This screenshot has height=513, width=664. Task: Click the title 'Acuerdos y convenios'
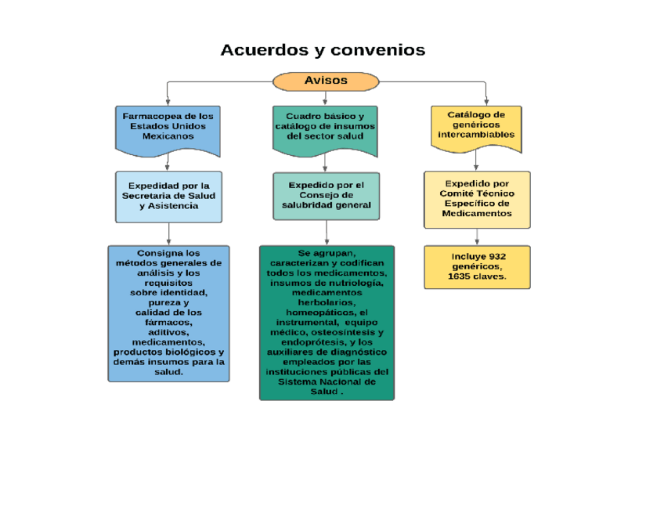(323, 50)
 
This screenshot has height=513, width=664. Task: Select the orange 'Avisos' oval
(326, 81)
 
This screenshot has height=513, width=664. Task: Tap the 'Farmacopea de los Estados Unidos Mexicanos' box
(168, 128)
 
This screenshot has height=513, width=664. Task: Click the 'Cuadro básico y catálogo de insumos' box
(325, 128)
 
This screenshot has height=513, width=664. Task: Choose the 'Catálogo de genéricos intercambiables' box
(476, 126)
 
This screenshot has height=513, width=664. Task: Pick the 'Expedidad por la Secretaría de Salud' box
(168, 196)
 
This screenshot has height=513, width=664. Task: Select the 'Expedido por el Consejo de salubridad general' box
(326, 196)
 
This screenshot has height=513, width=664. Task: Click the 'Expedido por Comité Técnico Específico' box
(476, 199)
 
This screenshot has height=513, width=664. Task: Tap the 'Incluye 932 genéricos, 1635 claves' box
(476, 267)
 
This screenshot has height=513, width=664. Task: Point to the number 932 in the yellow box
(496, 257)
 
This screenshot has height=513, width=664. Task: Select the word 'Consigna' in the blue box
(157, 253)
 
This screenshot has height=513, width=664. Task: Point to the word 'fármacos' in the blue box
(168, 322)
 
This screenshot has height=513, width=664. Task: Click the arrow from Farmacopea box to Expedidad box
(168, 162)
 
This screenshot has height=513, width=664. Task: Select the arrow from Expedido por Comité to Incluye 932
(477, 237)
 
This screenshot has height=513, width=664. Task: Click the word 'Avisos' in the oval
(326, 81)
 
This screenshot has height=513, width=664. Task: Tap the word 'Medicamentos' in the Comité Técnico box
(476, 214)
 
